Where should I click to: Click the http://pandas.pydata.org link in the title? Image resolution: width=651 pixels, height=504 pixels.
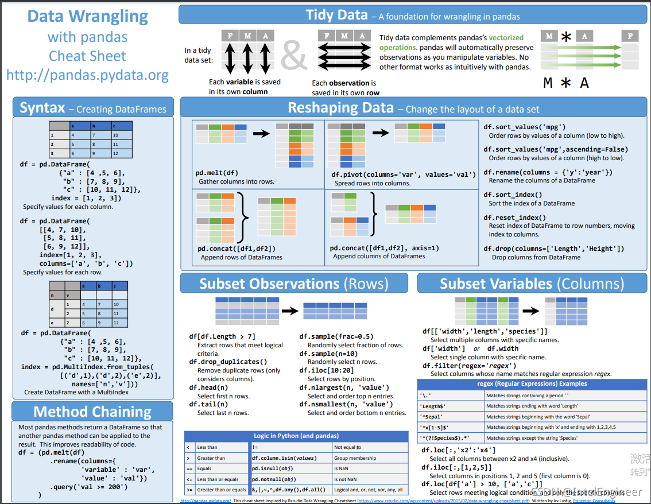coord(88,75)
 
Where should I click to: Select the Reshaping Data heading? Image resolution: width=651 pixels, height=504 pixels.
coord(340,108)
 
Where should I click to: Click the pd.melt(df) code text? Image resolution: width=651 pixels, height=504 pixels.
coord(216,173)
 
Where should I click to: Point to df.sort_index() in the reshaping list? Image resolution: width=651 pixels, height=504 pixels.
coord(513,195)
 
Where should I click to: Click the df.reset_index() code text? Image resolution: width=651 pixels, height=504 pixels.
coord(515,218)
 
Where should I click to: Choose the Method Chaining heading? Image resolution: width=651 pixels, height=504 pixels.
coord(92,412)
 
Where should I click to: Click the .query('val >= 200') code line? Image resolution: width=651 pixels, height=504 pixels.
coord(88,487)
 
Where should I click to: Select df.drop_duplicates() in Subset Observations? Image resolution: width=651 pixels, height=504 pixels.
coord(228,362)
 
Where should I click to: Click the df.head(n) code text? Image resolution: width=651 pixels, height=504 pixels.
coord(208,387)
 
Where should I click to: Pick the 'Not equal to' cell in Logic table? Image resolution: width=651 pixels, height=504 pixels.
coord(348,447)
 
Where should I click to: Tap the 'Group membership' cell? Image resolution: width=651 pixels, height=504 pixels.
coord(355,458)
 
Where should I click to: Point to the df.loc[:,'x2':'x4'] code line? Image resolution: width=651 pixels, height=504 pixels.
coord(459,450)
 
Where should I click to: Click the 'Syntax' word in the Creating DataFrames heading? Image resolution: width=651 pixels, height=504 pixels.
coord(41,108)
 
